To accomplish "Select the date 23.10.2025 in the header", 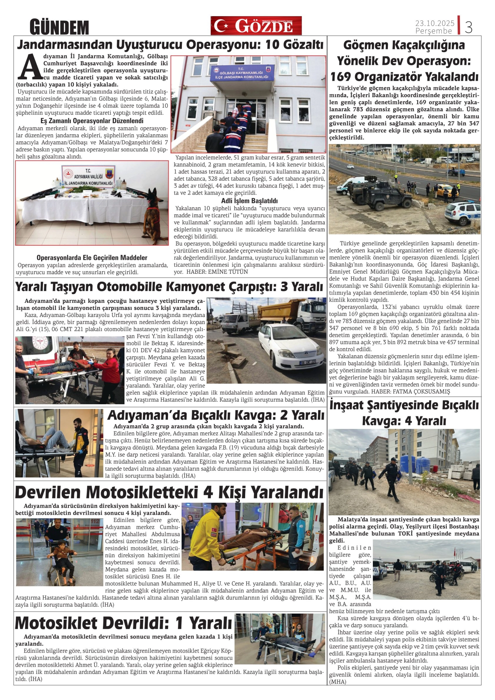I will click(x=435, y=23).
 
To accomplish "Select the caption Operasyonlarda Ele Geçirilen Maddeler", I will click(x=92, y=258).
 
